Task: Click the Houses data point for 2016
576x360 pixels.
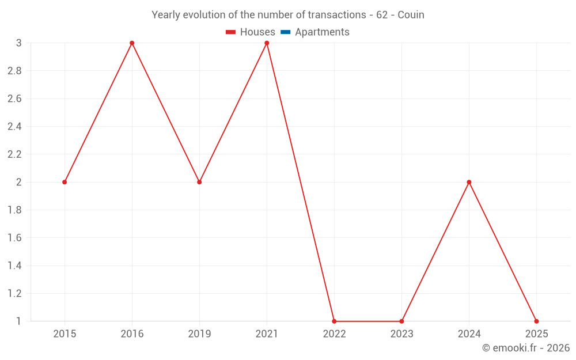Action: (x=132, y=43)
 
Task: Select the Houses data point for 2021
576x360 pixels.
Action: (x=267, y=43)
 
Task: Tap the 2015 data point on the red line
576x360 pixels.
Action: (x=65, y=182)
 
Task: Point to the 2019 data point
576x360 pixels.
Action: (x=199, y=182)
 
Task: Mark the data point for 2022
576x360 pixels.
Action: (x=334, y=321)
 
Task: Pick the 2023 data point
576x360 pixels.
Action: (x=401, y=321)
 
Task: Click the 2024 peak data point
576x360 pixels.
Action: (x=469, y=182)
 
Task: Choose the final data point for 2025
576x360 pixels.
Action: (x=536, y=321)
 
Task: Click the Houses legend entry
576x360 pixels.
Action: (x=251, y=32)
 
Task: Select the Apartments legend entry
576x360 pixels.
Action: (x=315, y=32)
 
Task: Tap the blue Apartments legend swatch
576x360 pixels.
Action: (x=286, y=32)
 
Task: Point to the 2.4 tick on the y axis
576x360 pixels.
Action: (x=15, y=127)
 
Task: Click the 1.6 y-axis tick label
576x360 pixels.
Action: (x=15, y=238)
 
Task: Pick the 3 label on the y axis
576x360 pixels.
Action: (x=19, y=43)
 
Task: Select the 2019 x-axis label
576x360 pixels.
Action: (x=199, y=334)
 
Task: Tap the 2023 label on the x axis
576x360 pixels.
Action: (x=401, y=334)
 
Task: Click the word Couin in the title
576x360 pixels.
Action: (x=411, y=15)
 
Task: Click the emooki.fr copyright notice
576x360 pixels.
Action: (x=526, y=347)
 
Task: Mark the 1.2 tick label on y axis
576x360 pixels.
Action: (x=15, y=294)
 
